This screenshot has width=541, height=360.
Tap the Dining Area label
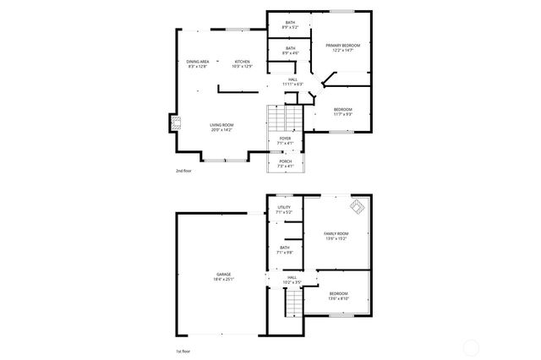coord(198,63)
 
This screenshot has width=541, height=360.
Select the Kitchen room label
coord(243,63)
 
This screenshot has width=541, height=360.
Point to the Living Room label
coord(222,128)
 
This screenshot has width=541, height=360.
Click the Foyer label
coord(285,140)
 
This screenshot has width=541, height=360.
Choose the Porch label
coord(286,163)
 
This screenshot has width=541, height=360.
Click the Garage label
coord(223,276)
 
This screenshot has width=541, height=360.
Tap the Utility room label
coord(284,209)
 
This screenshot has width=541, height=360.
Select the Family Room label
coord(336,236)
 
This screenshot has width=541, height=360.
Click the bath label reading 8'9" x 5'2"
coord(290,25)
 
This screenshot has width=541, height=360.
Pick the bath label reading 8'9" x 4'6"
coord(290,51)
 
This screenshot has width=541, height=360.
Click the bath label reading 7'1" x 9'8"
coord(284,249)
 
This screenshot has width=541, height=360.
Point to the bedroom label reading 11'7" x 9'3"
coord(342,112)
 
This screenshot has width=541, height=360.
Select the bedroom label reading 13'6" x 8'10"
coord(337,296)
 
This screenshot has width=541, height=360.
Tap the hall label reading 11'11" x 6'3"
coord(292,82)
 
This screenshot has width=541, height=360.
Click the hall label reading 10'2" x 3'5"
coord(291,279)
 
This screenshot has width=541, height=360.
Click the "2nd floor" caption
coord(183,171)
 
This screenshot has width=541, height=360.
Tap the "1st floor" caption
coord(183,349)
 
